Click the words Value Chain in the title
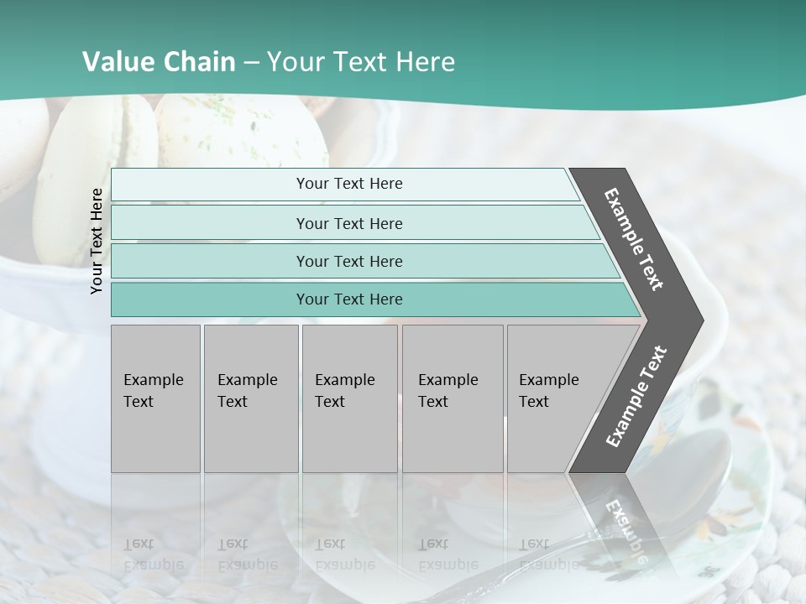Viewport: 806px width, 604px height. tap(159, 62)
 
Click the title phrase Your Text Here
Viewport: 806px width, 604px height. tap(361, 62)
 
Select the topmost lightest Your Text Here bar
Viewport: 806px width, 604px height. tap(348, 184)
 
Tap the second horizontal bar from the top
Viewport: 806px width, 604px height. tap(348, 223)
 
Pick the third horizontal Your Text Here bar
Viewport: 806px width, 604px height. tap(348, 261)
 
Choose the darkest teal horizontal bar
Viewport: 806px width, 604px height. tap(348, 299)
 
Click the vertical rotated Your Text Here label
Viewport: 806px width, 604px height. tap(97, 241)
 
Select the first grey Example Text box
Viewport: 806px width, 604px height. tap(155, 398)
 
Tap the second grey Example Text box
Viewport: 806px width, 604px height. tap(250, 398)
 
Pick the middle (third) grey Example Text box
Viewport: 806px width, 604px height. tap(349, 398)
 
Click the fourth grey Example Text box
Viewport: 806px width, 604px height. tap(452, 398)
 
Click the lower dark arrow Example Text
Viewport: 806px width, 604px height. tap(636, 397)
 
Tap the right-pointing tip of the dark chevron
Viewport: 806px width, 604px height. tap(699, 320)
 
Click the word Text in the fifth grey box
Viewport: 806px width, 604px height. tap(534, 402)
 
